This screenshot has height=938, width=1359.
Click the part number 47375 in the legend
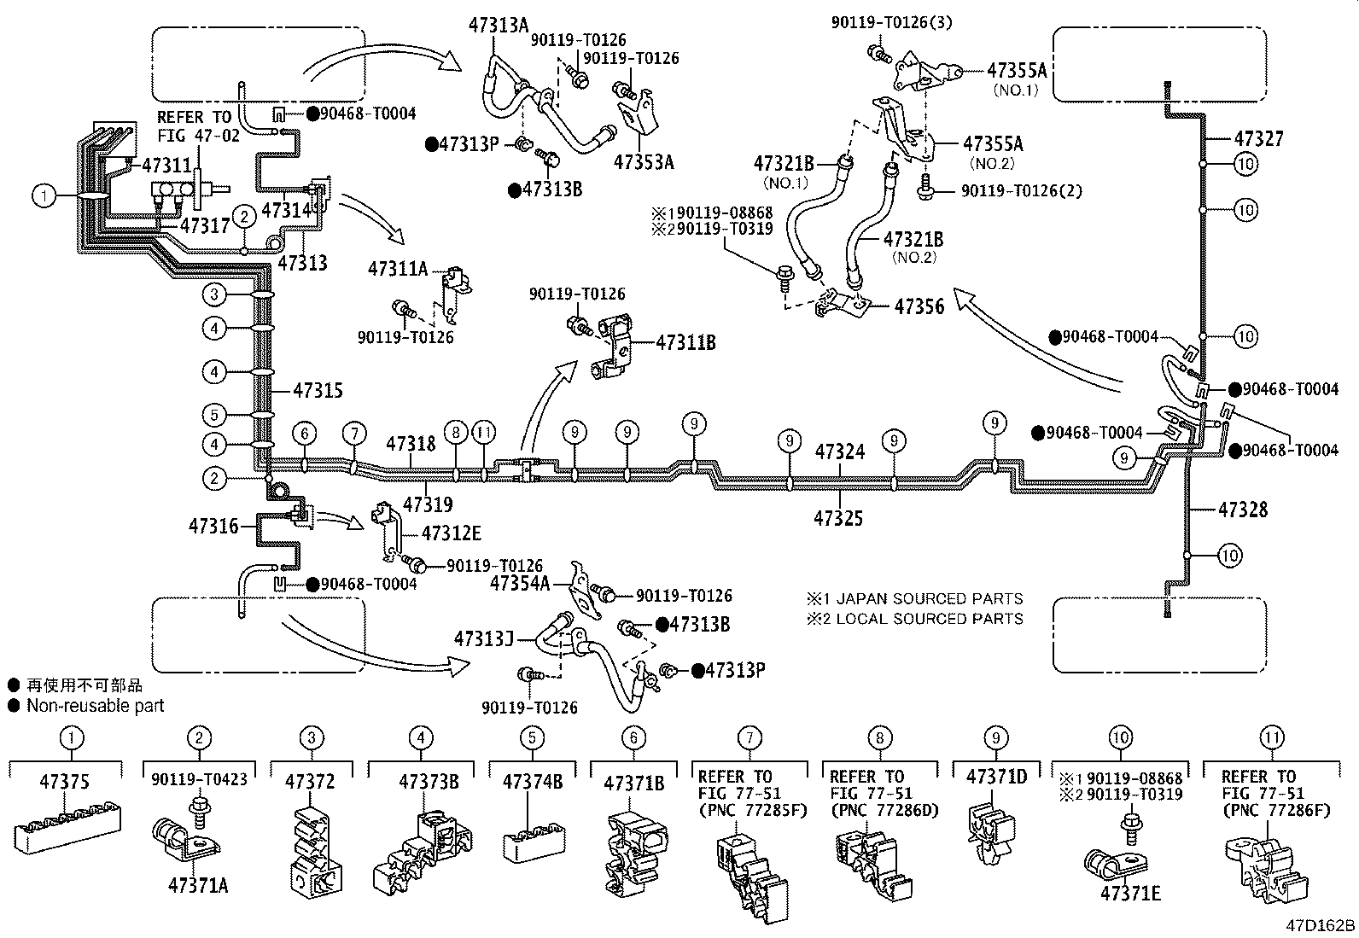pos(64,782)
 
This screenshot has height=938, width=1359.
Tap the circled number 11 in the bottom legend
pos(1271,738)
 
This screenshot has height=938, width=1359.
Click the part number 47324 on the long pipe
pos(839,452)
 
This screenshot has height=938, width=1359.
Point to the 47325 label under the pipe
pos(839,518)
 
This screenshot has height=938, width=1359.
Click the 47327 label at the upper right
pos(1258,138)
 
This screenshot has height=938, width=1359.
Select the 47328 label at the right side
pos(1245,510)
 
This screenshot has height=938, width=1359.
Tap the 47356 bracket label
pos(919,306)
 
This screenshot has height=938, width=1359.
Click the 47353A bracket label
pos(643,162)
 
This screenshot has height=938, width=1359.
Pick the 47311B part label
pos(685,343)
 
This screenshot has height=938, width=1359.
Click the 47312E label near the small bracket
pos(452,533)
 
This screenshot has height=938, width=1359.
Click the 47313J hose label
pos(483,638)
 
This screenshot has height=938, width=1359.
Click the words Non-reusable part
pos(95,706)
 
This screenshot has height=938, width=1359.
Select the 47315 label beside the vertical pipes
pos(318,390)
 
